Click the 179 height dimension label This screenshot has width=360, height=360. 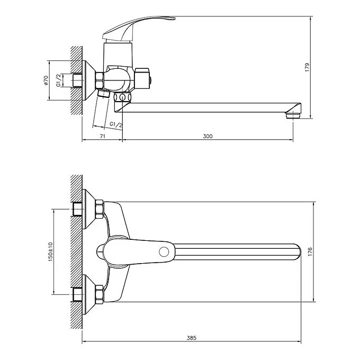[307, 67]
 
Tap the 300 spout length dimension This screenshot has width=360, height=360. [208, 136]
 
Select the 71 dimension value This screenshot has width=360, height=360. [103, 136]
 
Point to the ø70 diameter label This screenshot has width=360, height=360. [46, 80]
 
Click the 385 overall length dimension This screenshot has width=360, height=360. [192, 338]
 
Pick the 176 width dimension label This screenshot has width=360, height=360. [310, 252]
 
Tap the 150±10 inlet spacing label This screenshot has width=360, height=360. [50, 251]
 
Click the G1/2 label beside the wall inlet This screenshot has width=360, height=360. [59, 80]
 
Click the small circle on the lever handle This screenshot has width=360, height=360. [164, 252]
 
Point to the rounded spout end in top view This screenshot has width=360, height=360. [298, 252]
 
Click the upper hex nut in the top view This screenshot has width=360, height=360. [100, 209]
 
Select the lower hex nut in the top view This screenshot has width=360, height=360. [100, 294]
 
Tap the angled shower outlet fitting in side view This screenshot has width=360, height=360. [103, 93]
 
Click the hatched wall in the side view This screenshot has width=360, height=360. [76, 80]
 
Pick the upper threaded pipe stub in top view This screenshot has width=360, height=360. [77, 209]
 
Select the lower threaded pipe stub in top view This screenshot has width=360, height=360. [77, 295]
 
